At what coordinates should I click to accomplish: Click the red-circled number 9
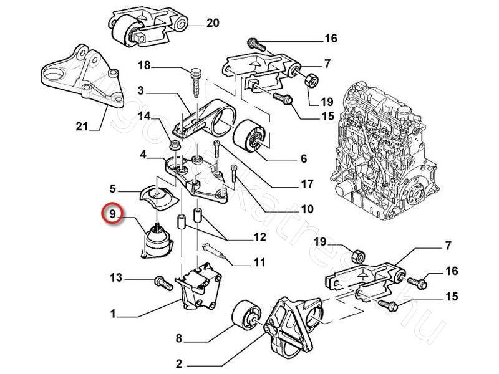(113, 215)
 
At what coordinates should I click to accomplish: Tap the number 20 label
(213, 24)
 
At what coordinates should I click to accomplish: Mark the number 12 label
(260, 237)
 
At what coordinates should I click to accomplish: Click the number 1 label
(113, 315)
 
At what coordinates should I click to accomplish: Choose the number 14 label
(144, 115)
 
